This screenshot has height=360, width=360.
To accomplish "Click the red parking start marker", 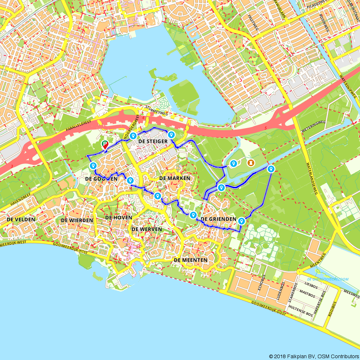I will tap(105, 145).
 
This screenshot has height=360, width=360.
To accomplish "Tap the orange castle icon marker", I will tap(250, 163).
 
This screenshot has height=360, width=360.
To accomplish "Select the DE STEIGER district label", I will tap(153, 141).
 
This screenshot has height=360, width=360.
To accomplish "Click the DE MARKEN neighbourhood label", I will tap(174, 178).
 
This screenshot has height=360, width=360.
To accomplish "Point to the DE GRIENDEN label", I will tap(218, 219).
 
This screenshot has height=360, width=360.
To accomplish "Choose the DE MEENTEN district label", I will tap(190, 260).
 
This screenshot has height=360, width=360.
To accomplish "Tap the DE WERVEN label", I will tap(147, 229).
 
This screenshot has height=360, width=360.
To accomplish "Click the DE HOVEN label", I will tap(118, 218).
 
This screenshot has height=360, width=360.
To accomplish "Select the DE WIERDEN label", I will tap(77, 220).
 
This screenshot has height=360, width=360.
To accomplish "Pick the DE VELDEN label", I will tap(21, 219).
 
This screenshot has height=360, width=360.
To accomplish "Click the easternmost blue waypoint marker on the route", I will tap(271, 169).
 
